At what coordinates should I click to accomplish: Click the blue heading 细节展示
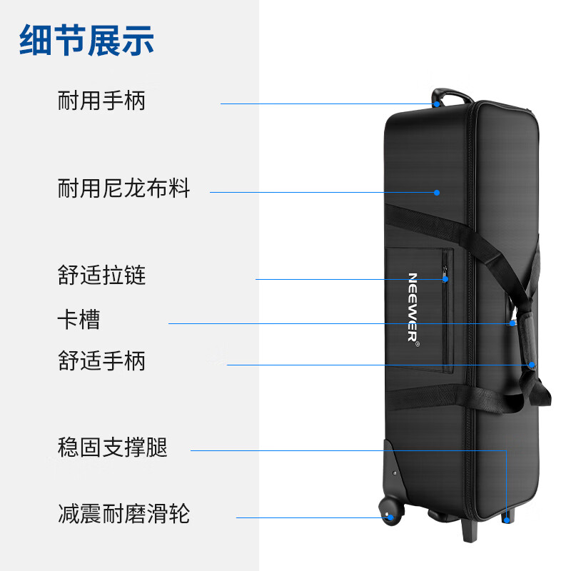pos(86,40)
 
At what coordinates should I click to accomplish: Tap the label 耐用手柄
pos(101,100)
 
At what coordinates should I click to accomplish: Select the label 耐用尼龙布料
pos(123,188)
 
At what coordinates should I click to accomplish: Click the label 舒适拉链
pos(101,275)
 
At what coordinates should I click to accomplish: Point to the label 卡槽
pos(79,319)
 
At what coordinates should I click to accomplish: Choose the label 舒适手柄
pos(101,360)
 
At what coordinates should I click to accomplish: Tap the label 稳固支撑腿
pos(113,447)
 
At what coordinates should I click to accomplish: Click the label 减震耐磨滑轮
pos(123,513)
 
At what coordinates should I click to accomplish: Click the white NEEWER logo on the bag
pos(413,308)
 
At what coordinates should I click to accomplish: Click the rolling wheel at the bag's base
pos(391,510)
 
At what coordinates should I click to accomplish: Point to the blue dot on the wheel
pos(390,517)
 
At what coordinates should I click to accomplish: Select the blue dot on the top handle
pos(437,104)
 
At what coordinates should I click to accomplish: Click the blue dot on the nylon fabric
pos(437,192)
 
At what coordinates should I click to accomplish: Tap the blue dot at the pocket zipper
pos(445,279)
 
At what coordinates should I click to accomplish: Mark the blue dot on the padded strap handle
pos(532,365)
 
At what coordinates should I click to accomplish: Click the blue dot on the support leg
pos(507,520)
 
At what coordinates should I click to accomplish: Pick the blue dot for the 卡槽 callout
pos(512,323)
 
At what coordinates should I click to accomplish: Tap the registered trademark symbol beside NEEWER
pos(418,344)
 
